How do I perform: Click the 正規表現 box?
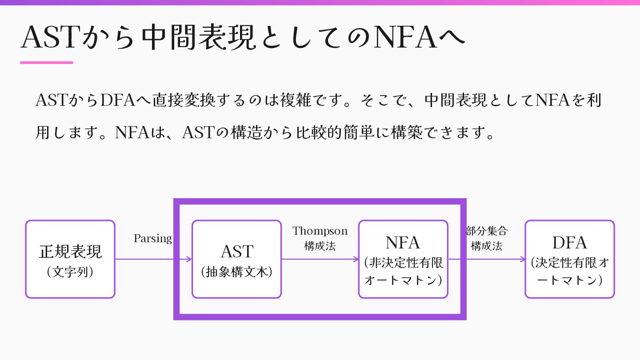click(x=70, y=259)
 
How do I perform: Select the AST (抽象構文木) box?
click(x=236, y=259)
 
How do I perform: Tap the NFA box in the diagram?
click(x=403, y=259)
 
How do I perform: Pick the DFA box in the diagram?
click(x=569, y=259)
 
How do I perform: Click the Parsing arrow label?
click(x=152, y=239)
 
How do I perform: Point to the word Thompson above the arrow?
click(x=320, y=231)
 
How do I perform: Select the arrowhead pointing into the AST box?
click(x=189, y=259)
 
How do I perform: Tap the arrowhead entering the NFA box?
click(x=356, y=259)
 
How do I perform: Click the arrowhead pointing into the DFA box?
click(x=522, y=259)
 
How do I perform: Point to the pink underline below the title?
click(x=47, y=63)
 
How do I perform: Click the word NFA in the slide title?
click(x=405, y=38)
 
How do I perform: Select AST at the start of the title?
click(x=48, y=38)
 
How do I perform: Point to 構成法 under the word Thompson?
click(x=320, y=246)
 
